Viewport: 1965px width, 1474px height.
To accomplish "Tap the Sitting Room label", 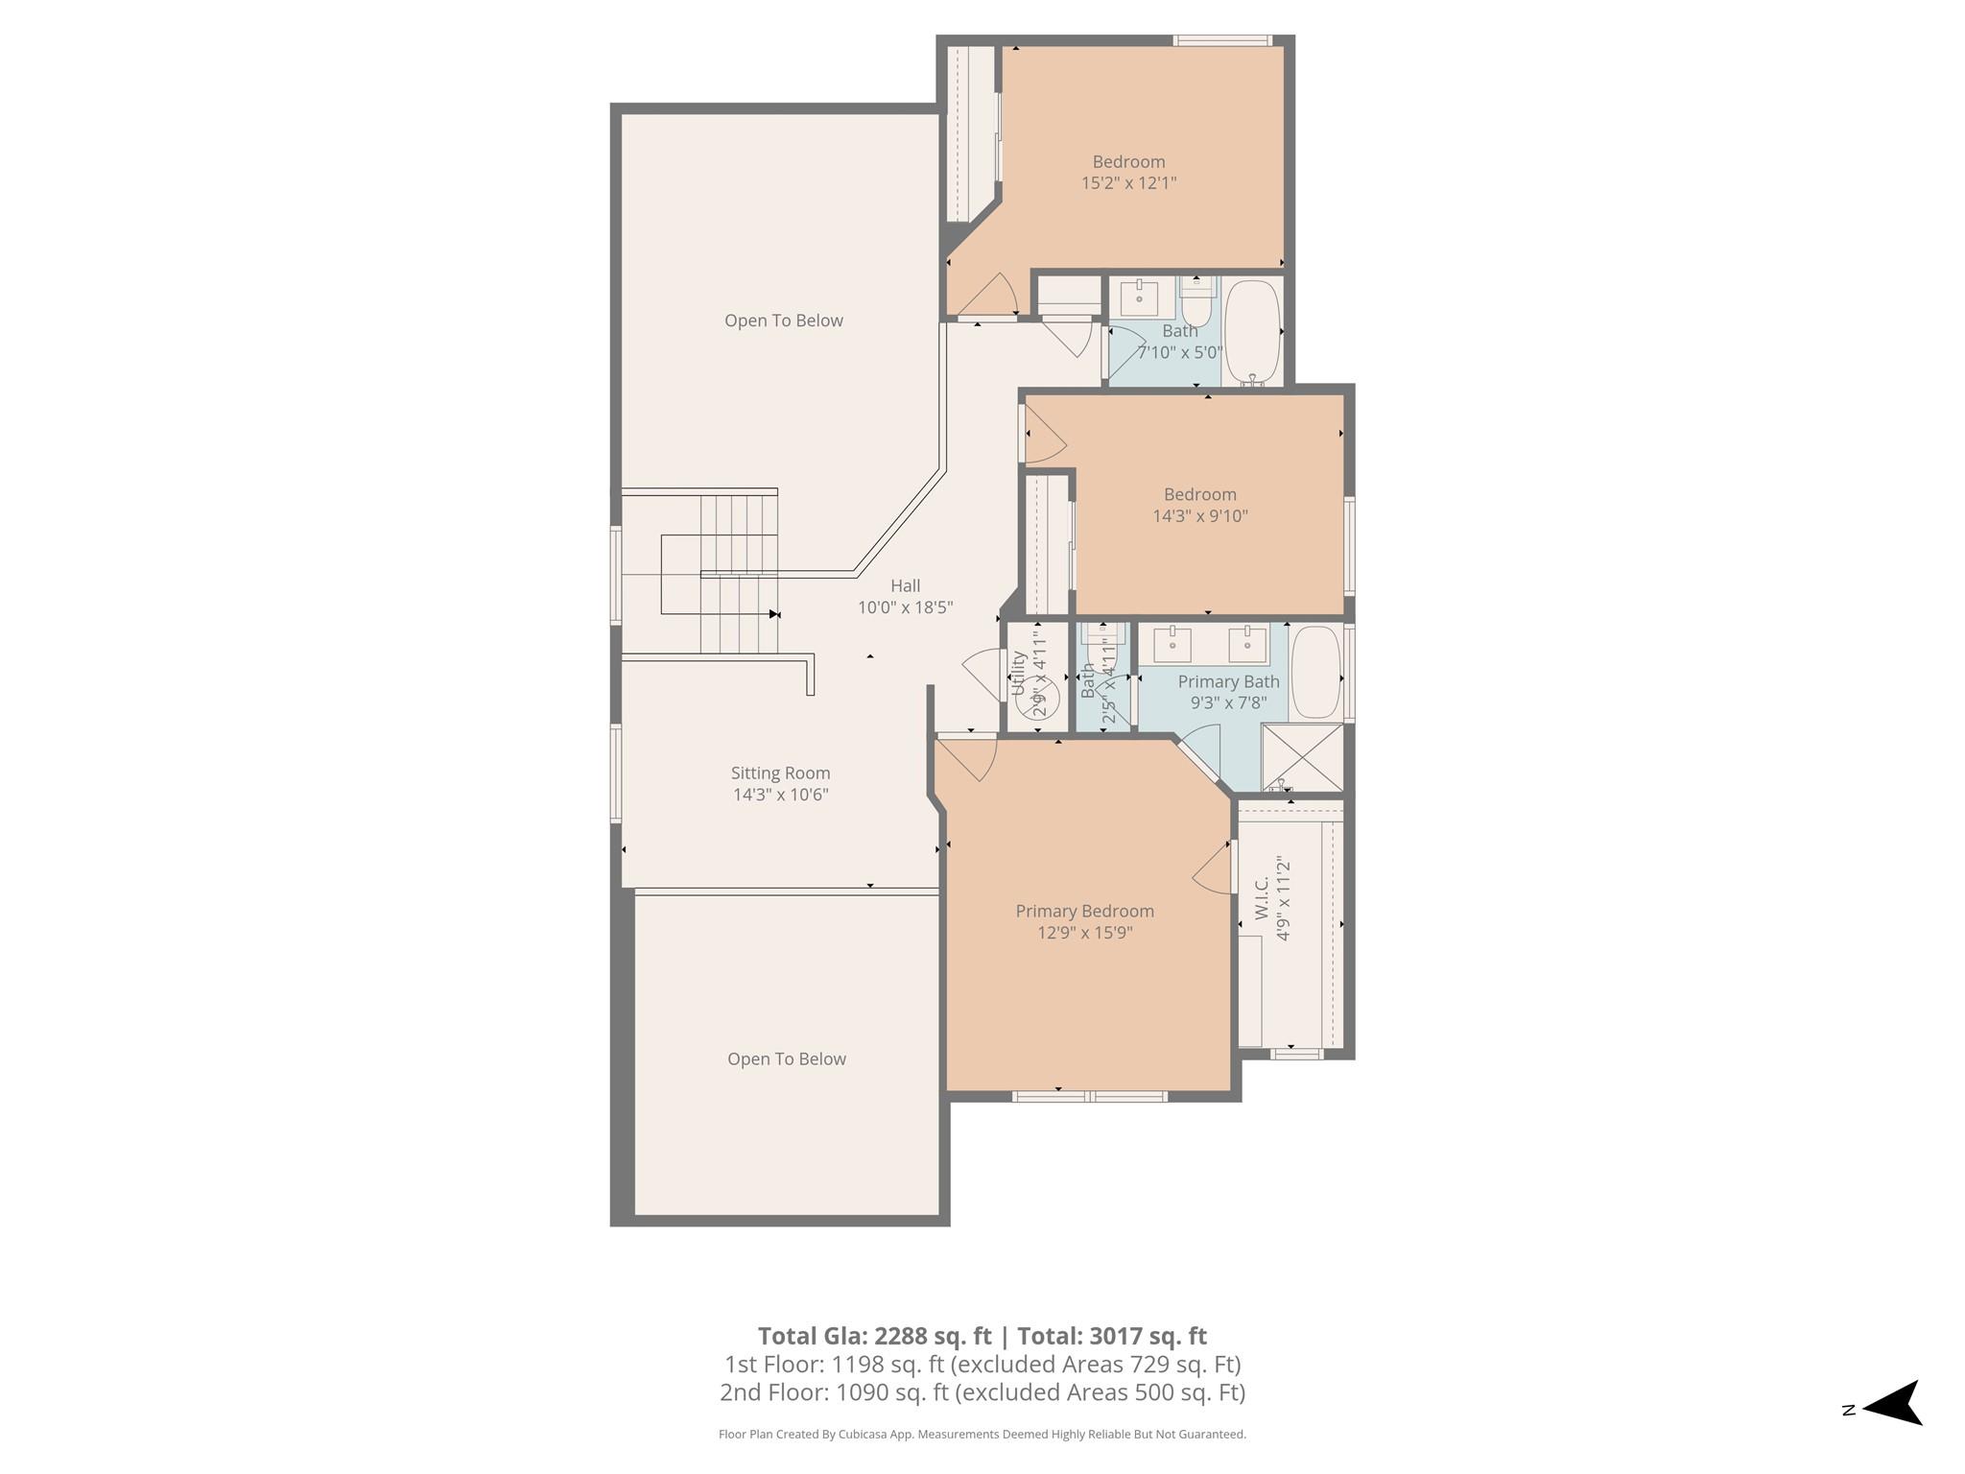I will [780, 773].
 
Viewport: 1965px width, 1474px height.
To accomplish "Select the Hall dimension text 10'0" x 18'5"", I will [905, 607].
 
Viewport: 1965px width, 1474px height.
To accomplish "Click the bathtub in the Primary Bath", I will [1314, 672].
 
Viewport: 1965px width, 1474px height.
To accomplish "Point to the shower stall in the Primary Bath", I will [1302, 757].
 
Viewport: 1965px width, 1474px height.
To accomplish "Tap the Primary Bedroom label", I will [1084, 911].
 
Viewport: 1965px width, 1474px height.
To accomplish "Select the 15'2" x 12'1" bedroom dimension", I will [1128, 182].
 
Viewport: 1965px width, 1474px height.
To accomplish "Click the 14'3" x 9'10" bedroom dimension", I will [1199, 515].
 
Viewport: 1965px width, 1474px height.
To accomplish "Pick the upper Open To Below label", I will [783, 321].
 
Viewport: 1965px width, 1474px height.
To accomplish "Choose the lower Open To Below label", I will [786, 1058].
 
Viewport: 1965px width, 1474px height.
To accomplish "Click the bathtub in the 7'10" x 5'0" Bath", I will [1252, 331].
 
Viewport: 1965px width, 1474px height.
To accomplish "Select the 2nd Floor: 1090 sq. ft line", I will [982, 1392].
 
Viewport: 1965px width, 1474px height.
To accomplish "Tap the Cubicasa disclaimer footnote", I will [982, 1435].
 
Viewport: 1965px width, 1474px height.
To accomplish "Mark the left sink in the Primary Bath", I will [1172, 645].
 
